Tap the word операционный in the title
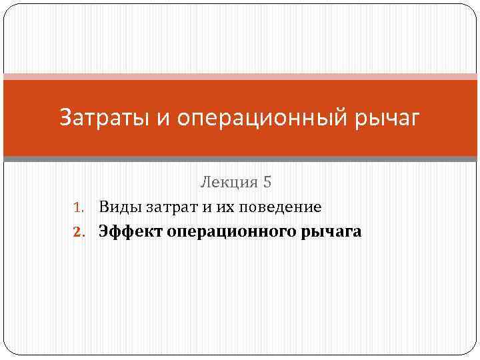[267, 118]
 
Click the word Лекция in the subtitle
[229, 181]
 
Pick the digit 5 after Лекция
[269, 181]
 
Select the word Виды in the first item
[119, 207]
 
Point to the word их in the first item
[225, 207]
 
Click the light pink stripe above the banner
[240, 77]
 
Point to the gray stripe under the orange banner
[240, 159]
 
